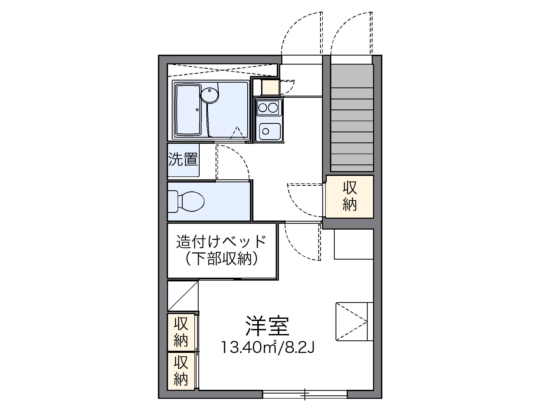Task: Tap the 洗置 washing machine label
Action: [x=183, y=160]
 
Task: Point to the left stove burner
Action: [x=263, y=108]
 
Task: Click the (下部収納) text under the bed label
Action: [x=221, y=258]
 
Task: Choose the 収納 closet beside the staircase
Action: [x=349, y=196]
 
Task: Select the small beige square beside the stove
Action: [x=270, y=87]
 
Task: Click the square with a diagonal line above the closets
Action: [x=183, y=296]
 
